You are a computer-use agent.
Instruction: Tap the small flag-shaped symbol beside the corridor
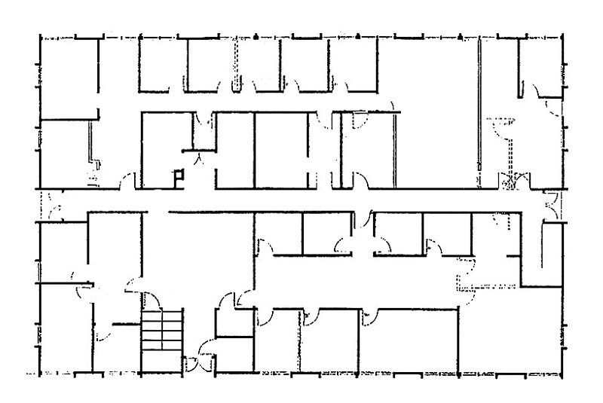[179, 177]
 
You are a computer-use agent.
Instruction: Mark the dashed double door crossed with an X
[510, 180]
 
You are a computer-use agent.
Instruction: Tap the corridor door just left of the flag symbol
[130, 181]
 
